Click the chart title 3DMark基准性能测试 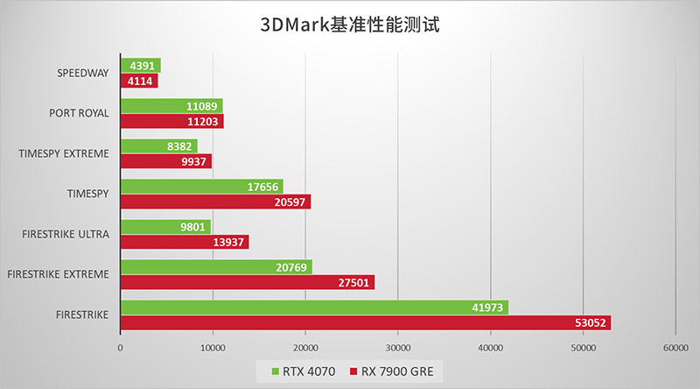point(350,24)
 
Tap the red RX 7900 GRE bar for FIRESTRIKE point(365,322)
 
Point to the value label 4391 point(143,66)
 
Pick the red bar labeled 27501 point(247,282)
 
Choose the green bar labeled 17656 point(201,186)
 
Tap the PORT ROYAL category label point(80,113)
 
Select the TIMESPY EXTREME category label point(64,153)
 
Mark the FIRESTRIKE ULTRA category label point(66,234)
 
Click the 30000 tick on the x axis point(397,347)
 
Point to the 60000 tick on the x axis point(675,347)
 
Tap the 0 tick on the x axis point(120,347)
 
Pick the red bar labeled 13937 point(184,242)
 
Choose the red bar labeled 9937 point(165,161)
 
